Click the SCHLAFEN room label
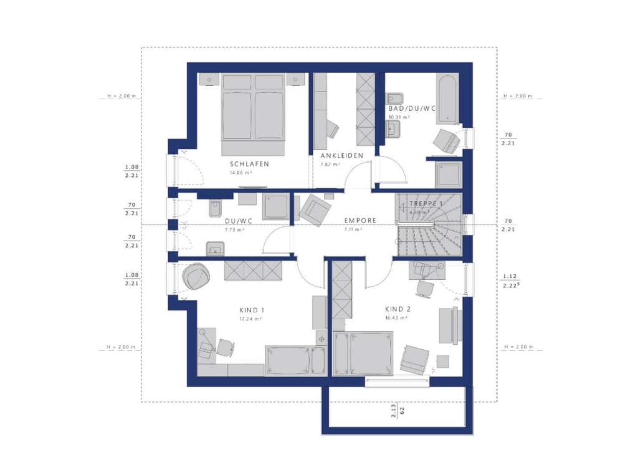[x=249, y=164]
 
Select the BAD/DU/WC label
[x=412, y=108]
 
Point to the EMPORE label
[x=360, y=221]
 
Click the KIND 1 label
[x=252, y=310]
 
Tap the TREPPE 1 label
[x=427, y=204]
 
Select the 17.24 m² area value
[x=250, y=318]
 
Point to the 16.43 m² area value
[x=396, y=317]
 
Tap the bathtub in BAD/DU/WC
[x=447, y=99]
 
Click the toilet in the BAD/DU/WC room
[x=396, y=99]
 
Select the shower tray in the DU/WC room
[x=275, y=207]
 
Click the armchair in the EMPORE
[x=315, y=208]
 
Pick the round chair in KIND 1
[x=196, y=276]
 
